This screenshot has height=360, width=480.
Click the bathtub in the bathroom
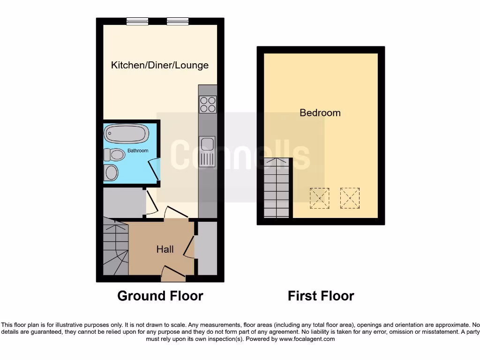(x=126, y=134)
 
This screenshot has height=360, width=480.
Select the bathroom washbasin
(x=112, y=172)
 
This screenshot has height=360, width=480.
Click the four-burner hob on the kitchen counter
(x=208, y=104)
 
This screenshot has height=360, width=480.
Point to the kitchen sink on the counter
(x=207, y=151)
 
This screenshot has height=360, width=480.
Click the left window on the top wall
(x=137, y=21)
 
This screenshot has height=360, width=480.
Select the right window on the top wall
(x=178, y=21)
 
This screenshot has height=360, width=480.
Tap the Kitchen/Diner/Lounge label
(x=160, y=65)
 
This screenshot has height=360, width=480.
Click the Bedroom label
(x=320, y=113)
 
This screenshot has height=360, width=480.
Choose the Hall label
(x=165, y=249)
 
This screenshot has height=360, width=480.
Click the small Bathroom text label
(x=138, y=150)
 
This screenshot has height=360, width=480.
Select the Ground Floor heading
(x=160, y=296)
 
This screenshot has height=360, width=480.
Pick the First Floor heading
(x=321, y=296)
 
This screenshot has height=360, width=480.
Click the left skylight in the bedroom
(x=320, y=198)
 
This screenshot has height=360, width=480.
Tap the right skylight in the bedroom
(x=350, y=198)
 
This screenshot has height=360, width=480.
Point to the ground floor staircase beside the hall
(x=114, y=248)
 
